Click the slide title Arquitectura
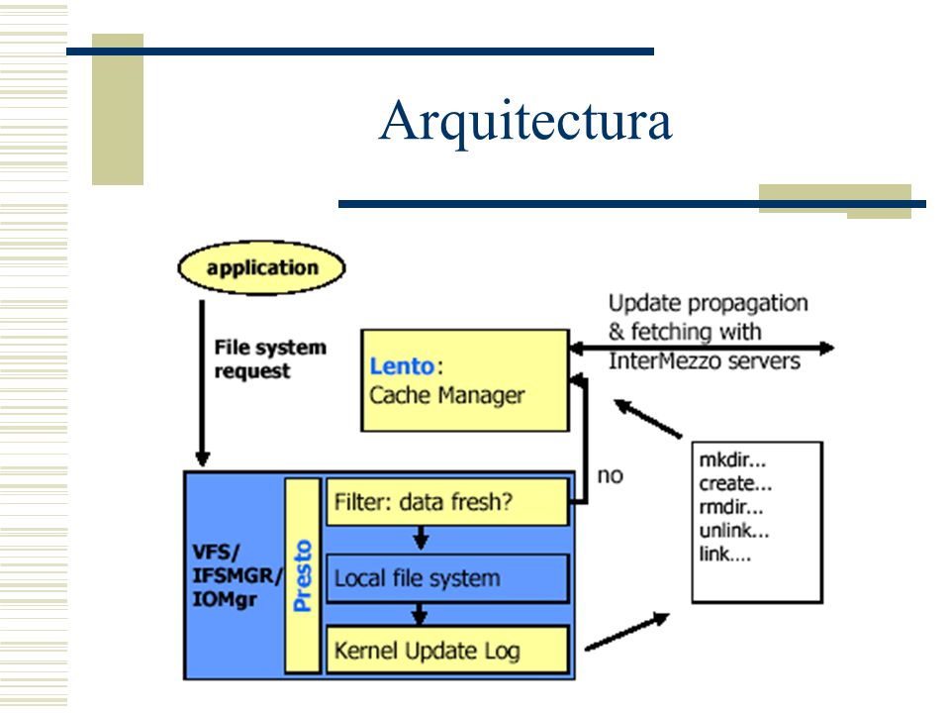click(x=525, y=121)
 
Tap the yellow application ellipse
click(x=261, y=267)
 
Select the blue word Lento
click(x=402, y=366)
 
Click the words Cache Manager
click(x=447, y=395)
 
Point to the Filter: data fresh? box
click(x=447, y=502)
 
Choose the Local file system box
click(x=447, y=577)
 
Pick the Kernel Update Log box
click(x=447, y=650)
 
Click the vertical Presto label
click(x=303, y=575)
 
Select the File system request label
click(x=270, y=358)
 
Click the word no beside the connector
click(x=611, y=476)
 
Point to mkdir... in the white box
click(x=732, y=460)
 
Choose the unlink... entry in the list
click(x=734, y=531)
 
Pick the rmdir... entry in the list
click(x=731, y=507)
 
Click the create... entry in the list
click(x=735, y=484)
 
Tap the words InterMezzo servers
click(x=704, y=361)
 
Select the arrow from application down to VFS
click(x=202, y=383)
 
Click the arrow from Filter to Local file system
click(x=422, y=538)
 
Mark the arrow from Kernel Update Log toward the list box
click(x=627, y=632)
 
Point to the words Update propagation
click(x=709, y=303)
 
